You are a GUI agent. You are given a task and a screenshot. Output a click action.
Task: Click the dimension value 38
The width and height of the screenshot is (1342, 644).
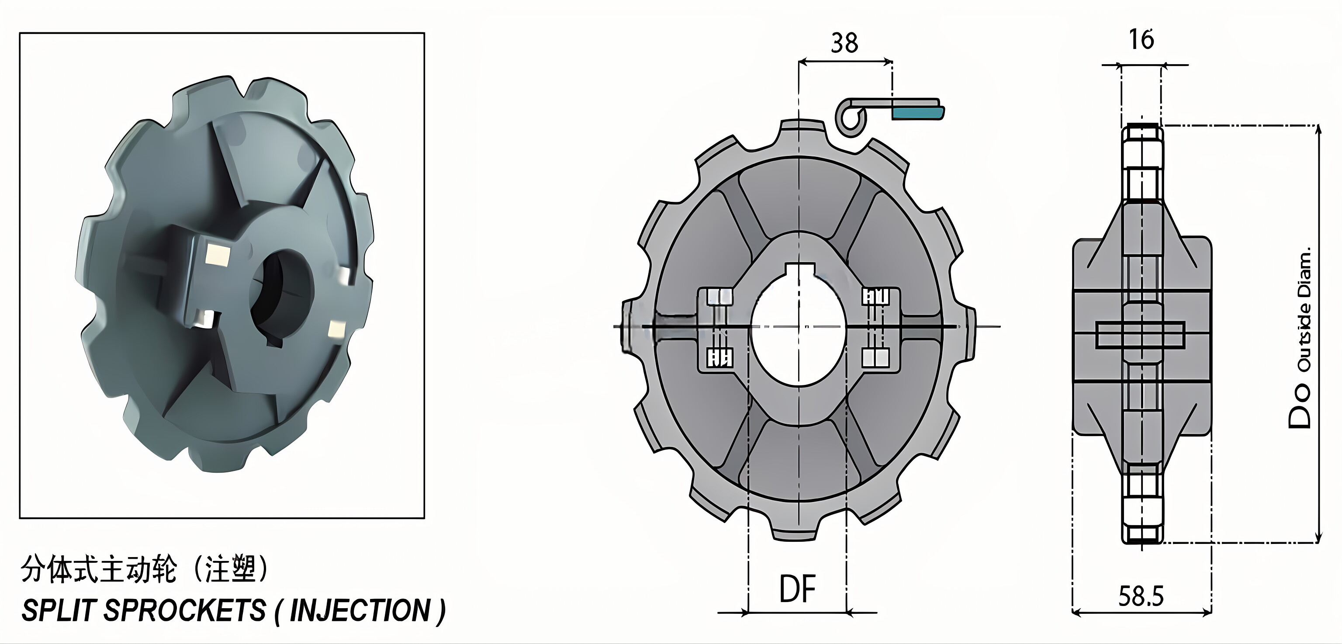pos(844,43)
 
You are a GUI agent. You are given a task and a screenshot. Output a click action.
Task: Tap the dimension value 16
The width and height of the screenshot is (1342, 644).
pos(1141,40)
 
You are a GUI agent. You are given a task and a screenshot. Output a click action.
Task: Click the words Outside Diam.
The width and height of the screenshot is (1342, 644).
pos(1304,313)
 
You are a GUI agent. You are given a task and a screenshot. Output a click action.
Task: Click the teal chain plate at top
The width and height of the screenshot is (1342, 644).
pos(917,111)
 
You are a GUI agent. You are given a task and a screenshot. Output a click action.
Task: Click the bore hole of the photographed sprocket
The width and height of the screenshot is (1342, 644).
pos(281,297)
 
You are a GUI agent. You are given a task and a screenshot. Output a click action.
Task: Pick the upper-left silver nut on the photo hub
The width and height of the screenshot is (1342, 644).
pos(217,255)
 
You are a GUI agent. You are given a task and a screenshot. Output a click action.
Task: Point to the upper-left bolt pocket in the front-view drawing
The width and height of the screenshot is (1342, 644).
pos(719,297)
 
